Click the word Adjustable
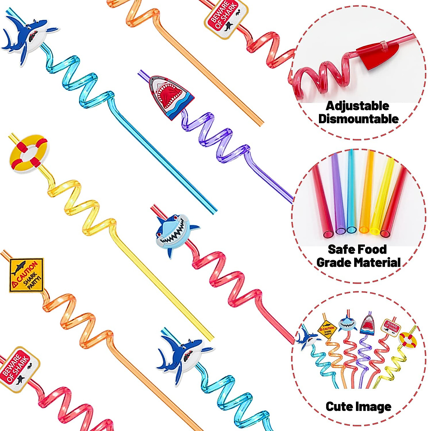357,106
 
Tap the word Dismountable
358,119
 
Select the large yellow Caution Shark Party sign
26,275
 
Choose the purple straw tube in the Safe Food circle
338,194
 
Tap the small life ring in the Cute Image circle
408,340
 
